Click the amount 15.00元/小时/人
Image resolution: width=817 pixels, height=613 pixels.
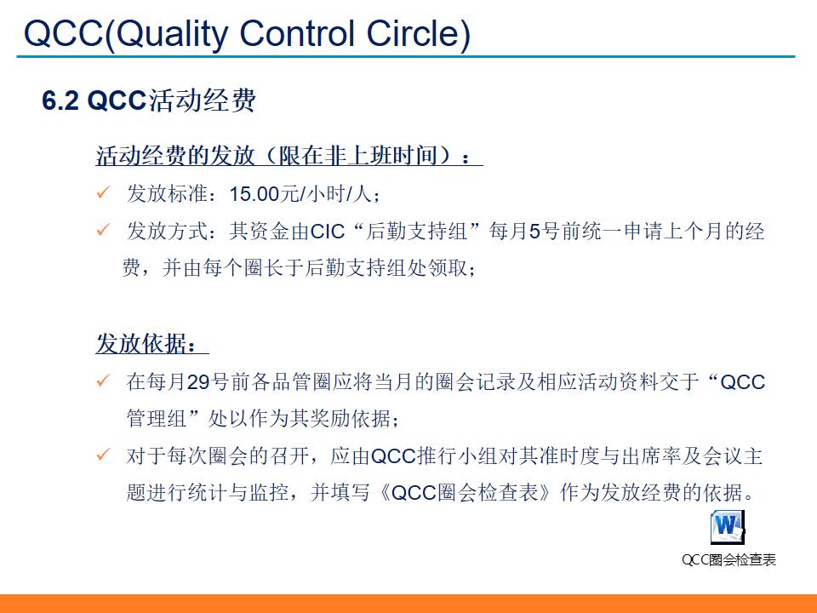coord(301,194)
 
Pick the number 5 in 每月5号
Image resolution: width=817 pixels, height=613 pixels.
coord(534,232)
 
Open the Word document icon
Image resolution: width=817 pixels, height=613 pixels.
coord(728,528)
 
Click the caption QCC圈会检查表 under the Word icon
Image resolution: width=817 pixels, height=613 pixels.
coord(728,559)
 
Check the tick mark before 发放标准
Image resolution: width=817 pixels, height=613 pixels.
coord(103,193)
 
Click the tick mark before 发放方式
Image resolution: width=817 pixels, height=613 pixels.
coord(103,231)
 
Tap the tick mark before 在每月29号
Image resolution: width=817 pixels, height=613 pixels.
coord(103,381)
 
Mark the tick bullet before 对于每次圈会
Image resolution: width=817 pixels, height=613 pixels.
coord(103,456)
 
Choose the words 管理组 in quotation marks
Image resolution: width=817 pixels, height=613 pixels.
coord(157,420)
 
